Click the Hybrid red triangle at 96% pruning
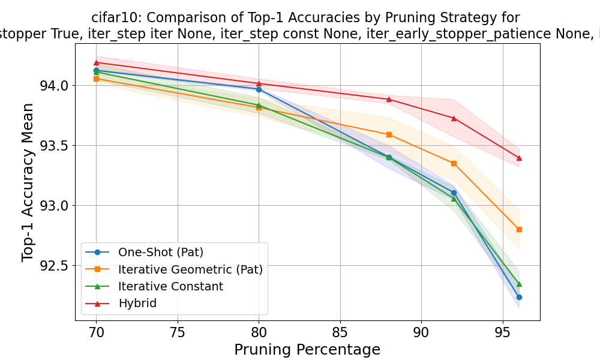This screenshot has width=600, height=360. pyautogui.click(x=519, y=158)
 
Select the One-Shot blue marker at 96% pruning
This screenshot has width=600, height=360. pyautogui.click(x=519, y=297)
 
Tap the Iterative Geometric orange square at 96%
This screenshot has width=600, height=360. pyautogui.click(x=519, y=229)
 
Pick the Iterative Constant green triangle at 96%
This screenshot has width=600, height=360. pyautogui.click(x=519, y=284)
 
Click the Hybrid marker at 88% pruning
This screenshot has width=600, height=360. pyautogui.click(x=389, y=99)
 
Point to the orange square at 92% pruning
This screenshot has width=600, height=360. pyautogui.click(x=454, y=163)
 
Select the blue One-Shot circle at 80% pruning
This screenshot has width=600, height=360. pyautogui.click(x=259, y=89)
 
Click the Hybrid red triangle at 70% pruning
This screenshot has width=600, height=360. pyautogui.click(x=96, y=62)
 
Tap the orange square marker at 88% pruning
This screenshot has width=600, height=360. pyautogui.click(x=389, y=134)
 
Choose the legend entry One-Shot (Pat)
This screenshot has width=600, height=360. pyautogui.click(x=157, y=252)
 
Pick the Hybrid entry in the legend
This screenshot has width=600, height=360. pyautogui.click(x=137, y=304)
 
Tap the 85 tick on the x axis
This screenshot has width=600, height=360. pyautogui.click(x=340, y=331)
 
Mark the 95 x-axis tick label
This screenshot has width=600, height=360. pyautogui.click(x=502, y=331)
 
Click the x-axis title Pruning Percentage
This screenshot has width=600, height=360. pyautogui.click(x=307, y=350)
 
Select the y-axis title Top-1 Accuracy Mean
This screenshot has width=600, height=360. pyautogui.click(x=28, y=182)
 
